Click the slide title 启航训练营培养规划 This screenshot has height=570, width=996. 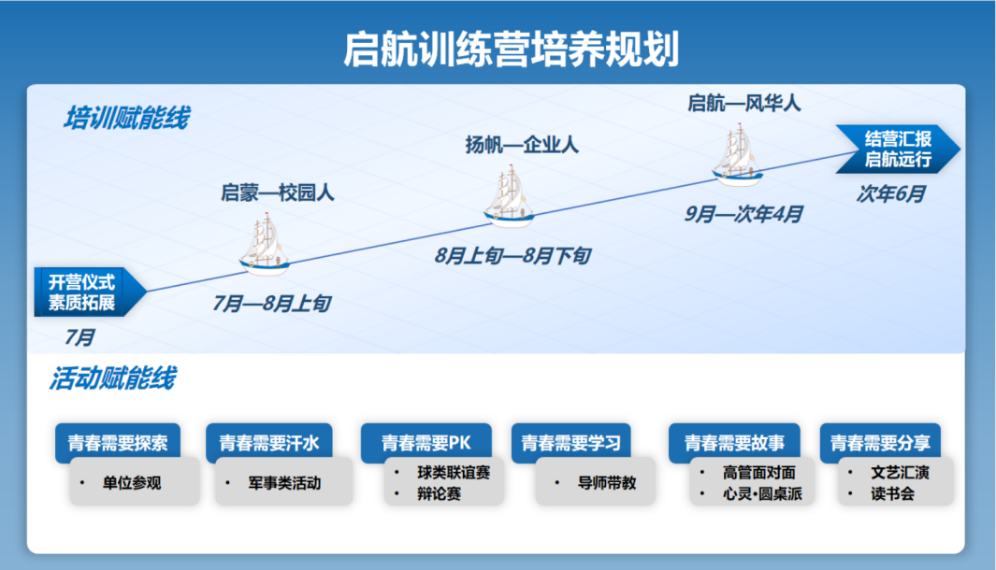coord(512,49)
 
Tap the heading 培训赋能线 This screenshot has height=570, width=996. coord(126,119)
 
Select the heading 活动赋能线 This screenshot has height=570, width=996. coord(112,378)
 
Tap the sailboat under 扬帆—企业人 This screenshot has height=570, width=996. coord(509,196)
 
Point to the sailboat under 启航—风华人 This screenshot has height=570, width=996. coord(738,155)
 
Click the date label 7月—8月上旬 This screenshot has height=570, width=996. coord(271,304)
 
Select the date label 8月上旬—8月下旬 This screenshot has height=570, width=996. coord(512,256)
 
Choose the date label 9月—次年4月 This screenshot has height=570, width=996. coord(743,214)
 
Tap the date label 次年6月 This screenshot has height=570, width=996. coord(890,193)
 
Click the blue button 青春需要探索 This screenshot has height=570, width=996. coord(118,442)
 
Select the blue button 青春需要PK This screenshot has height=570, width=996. coord(426,442)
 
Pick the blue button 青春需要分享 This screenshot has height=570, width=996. coord(880,442)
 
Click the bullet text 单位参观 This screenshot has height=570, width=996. coord(132,483)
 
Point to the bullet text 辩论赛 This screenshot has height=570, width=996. coord(439,493)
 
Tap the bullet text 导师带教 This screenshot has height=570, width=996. coord(607,483)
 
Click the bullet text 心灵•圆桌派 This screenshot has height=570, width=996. coord(762,493)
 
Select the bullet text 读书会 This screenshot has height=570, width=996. coord(892,493)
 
